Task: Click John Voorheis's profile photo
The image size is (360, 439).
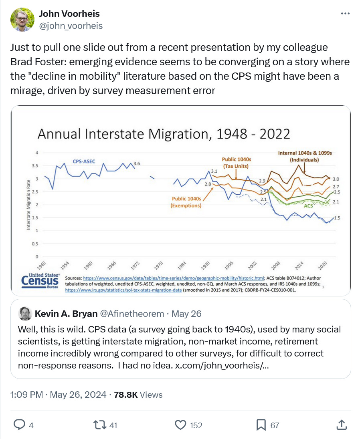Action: [x=22, y=19]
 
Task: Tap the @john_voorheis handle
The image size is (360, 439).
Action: [x=71, y=26]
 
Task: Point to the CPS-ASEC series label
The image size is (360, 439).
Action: [x=84, y=161]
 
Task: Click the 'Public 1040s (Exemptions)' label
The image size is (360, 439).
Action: [x=186, y=202]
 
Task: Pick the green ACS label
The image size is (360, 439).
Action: [x=308, y=205]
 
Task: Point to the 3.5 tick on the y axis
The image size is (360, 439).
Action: [x=36, y=165]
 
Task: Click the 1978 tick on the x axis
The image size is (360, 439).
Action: [x=159, y=267]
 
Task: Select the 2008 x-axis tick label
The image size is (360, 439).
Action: [x=275, y=267]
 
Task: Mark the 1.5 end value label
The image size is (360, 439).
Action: [x=337, y=218]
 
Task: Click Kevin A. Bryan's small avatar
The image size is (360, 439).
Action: [x=25, y=313]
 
